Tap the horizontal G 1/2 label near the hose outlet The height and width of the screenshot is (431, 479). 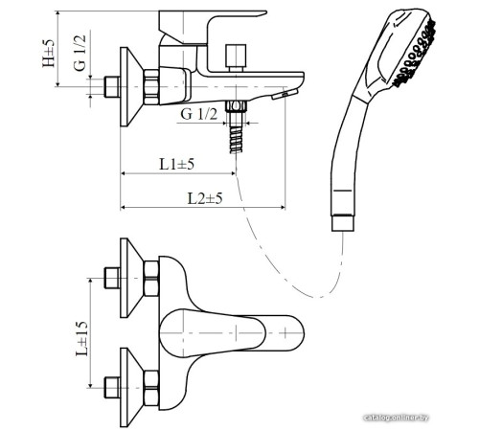point(199,114)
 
